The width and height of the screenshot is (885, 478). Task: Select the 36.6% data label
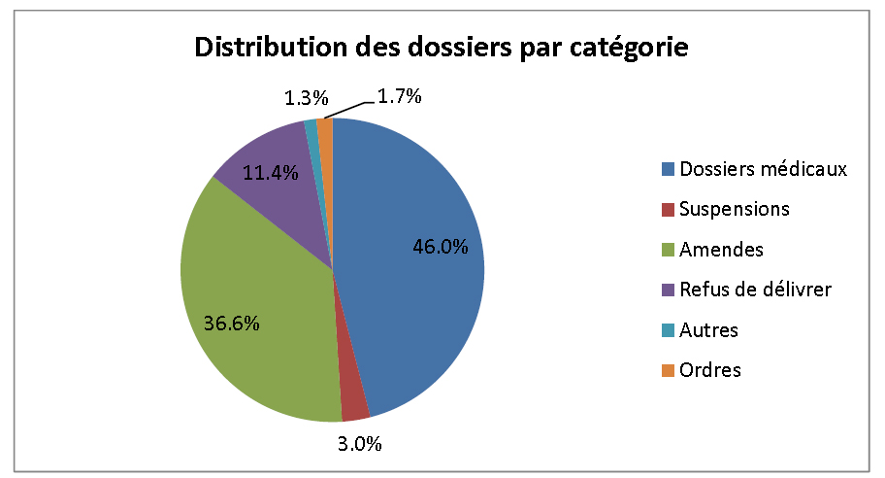[231, 323]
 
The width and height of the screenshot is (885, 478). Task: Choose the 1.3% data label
[307, 98]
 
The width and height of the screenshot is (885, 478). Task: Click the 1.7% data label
[399, 96]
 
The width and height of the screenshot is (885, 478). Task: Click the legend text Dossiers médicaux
[764, 169]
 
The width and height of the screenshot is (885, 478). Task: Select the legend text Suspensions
[735, 209]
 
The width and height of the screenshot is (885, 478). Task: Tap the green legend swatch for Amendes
[669, 250]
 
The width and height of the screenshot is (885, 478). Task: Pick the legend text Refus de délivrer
[756, 290]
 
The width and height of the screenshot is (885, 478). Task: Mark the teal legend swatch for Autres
[669, 330]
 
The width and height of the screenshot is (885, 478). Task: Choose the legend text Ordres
[711, 370]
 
